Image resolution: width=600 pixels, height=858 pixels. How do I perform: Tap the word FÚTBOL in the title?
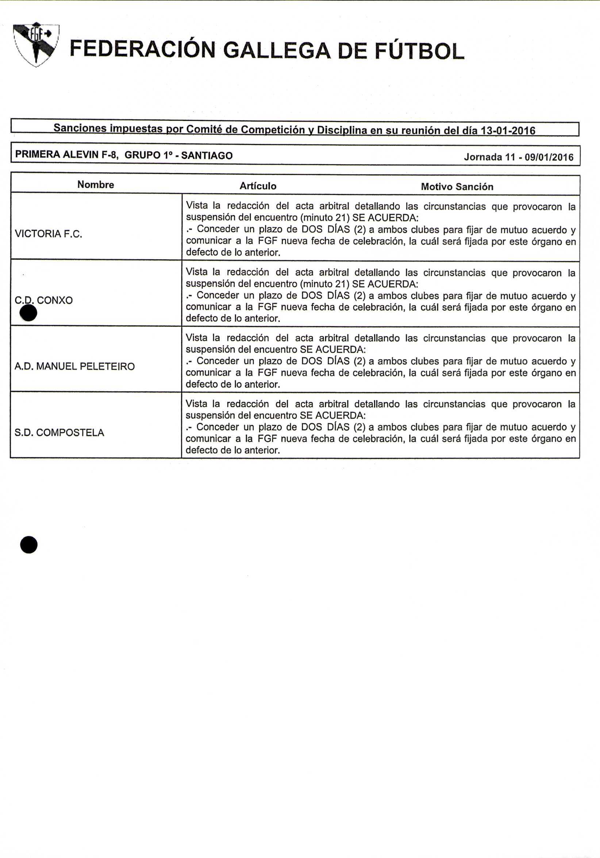[x=420, y=51]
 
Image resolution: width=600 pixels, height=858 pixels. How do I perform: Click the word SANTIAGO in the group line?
[x=207, y=155]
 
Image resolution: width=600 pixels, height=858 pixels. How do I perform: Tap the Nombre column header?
[x=96, y=185]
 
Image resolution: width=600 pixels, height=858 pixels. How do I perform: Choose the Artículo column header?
[x=258, y=186]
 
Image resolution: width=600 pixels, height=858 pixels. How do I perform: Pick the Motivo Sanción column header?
[x=457, y=187]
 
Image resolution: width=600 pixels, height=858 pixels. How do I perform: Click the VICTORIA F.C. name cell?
[x=48, y=234]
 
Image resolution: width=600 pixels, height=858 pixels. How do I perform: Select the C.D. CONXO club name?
[x=44, y=300]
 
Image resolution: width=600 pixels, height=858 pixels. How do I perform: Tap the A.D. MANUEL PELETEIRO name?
[x=74, y=366]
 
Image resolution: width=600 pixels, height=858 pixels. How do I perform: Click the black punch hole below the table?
[x=29, y=545]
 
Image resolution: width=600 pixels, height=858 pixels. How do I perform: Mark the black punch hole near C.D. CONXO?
[x=28, y=313]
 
